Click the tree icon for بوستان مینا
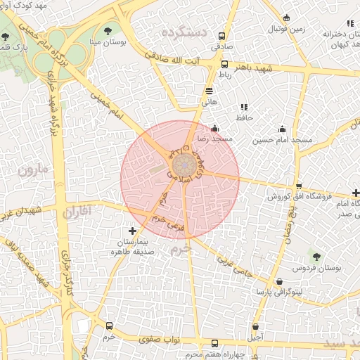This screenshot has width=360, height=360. coord(108,30)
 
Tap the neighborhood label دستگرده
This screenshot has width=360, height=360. coord(183,32)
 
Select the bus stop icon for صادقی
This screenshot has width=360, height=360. coord(222,36)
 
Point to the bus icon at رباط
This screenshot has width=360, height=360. coord(224,64)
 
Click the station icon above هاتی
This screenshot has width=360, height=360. coord(209,90)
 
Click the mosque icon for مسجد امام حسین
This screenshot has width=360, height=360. coord(283,129)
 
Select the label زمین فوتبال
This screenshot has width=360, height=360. coord(286,30)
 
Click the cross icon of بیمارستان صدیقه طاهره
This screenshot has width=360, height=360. coord(132,231)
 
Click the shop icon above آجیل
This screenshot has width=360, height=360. coord(255,326)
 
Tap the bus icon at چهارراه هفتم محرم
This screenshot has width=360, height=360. coord(214,343)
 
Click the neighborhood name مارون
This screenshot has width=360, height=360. coord(30,169)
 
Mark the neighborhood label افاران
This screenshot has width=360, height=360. coord(77,211)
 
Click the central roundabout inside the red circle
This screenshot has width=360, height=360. coord(184,167)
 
